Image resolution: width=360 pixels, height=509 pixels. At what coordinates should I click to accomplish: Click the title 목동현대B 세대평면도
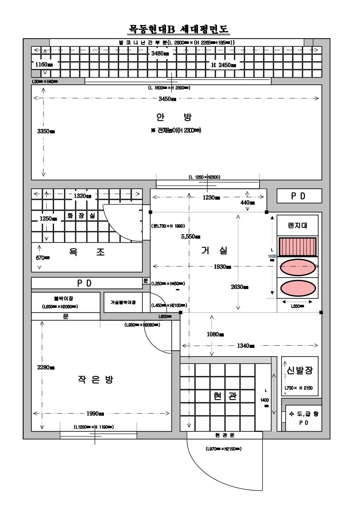[179, 29]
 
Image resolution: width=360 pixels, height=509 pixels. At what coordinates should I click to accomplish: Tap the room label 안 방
[174, 117]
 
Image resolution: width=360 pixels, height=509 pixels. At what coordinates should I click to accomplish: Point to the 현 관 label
[226, 396]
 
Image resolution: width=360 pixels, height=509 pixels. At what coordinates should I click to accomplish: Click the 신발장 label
[300, 370]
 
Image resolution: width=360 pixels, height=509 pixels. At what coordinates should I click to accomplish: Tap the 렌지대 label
[297, 225]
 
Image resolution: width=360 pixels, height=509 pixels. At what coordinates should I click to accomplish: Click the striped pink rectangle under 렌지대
[297, 247]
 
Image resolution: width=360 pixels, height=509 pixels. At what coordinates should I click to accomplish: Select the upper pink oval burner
[297, 267]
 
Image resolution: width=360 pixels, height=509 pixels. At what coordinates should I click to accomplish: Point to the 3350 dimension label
[46, 132]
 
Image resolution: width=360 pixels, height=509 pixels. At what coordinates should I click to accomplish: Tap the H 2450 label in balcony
[223, 65]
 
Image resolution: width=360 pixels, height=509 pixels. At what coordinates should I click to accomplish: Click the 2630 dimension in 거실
[239, 287]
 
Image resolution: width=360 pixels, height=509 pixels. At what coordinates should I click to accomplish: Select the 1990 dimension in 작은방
[95, 414]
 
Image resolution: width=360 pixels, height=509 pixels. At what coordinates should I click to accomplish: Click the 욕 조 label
[87, 253]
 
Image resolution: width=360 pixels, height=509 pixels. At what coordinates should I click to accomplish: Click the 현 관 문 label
[225, 435]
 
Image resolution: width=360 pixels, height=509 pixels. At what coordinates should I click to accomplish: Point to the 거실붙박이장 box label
[123, 302]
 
